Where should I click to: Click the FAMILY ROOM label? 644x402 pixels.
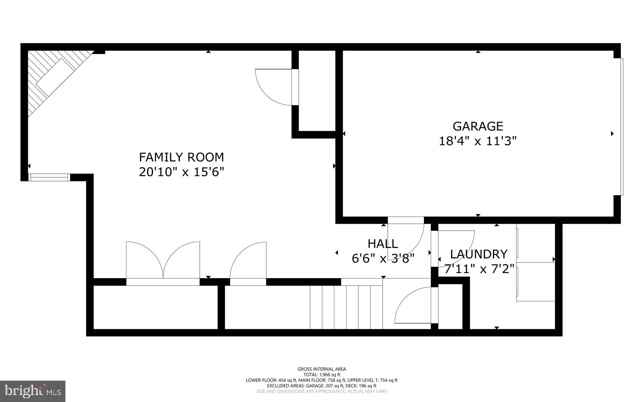(x=181, y=157)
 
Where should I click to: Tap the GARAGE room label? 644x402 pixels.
(x=478, y=126)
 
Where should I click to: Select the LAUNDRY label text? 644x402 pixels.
(x=479, y=254)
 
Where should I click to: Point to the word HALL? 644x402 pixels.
(x=383, y=244)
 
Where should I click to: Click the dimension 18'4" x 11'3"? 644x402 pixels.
(x=478, y=141)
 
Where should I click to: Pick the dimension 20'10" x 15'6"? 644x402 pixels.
(x=181, y=172)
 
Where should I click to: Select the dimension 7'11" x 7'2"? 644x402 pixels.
(x=479, y=269)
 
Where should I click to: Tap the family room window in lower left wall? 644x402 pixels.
(x=49, y=178)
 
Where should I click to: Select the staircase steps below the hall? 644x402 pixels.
(x=346, y=306)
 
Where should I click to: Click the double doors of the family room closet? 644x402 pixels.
(x=163, y=261)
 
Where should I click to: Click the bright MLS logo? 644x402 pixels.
(x=33, y=391)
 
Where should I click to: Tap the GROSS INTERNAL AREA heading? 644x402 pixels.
(x=322, y=369)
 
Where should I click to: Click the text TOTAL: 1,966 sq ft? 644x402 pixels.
(x=322, y=375)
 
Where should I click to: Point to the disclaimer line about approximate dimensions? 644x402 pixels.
(x=322, y=391)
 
